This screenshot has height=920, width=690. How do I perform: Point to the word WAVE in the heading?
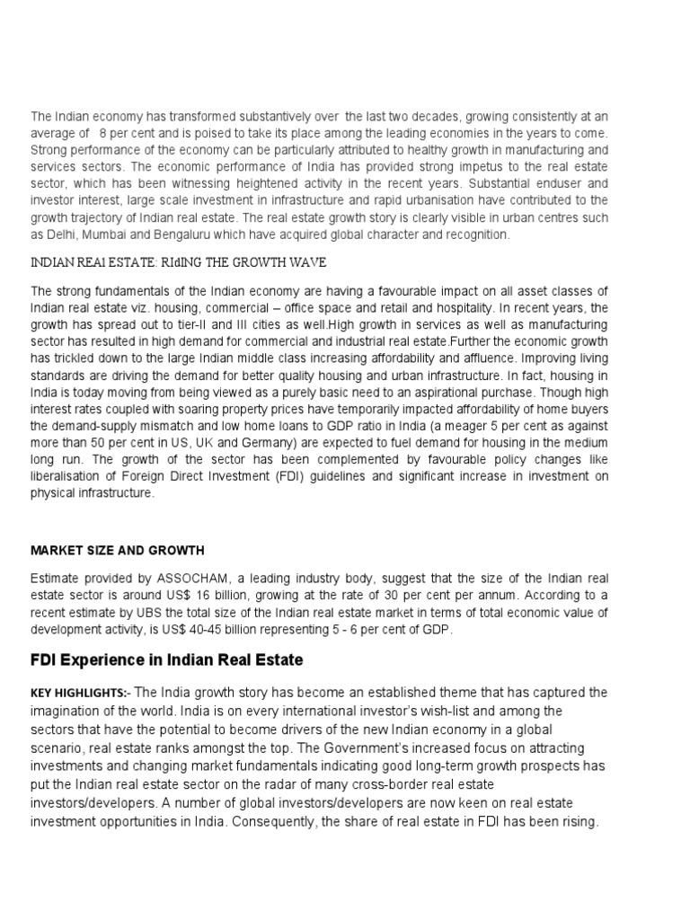pos(305,262)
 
